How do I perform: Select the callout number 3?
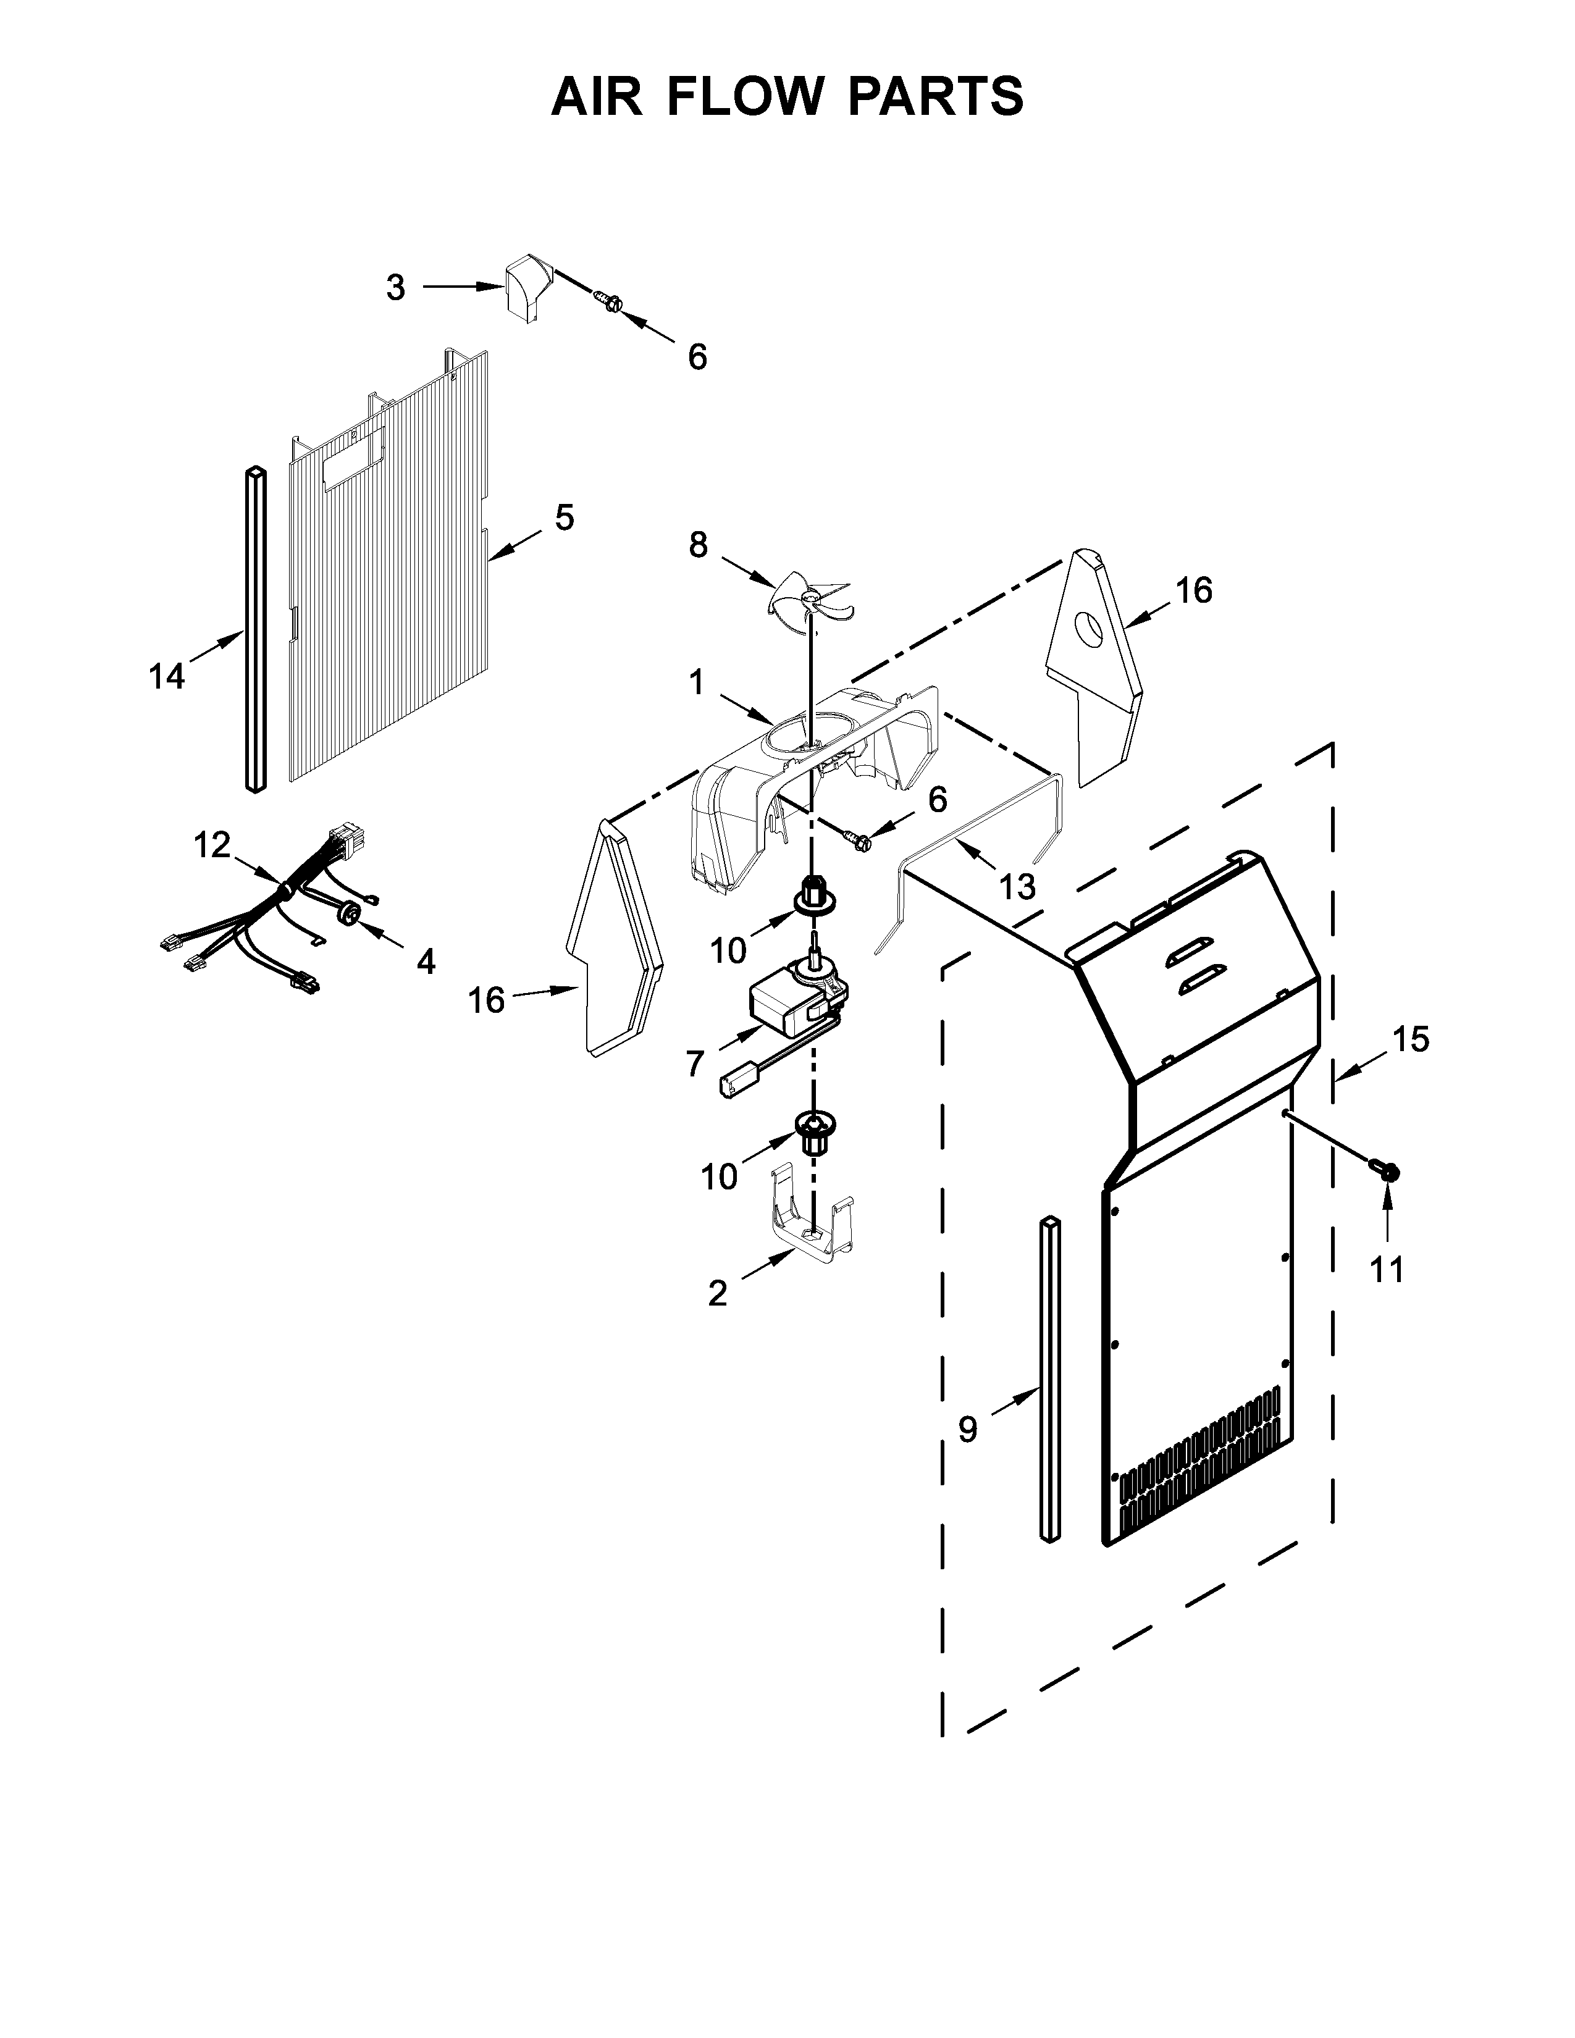point(396,288)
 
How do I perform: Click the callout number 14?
point(167,676)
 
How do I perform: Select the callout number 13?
point(1017,886)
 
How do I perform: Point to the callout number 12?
point(212,845)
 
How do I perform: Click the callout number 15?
point(1411,1039)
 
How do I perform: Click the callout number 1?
point(696,683)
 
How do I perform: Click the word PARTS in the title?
point(935,96)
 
